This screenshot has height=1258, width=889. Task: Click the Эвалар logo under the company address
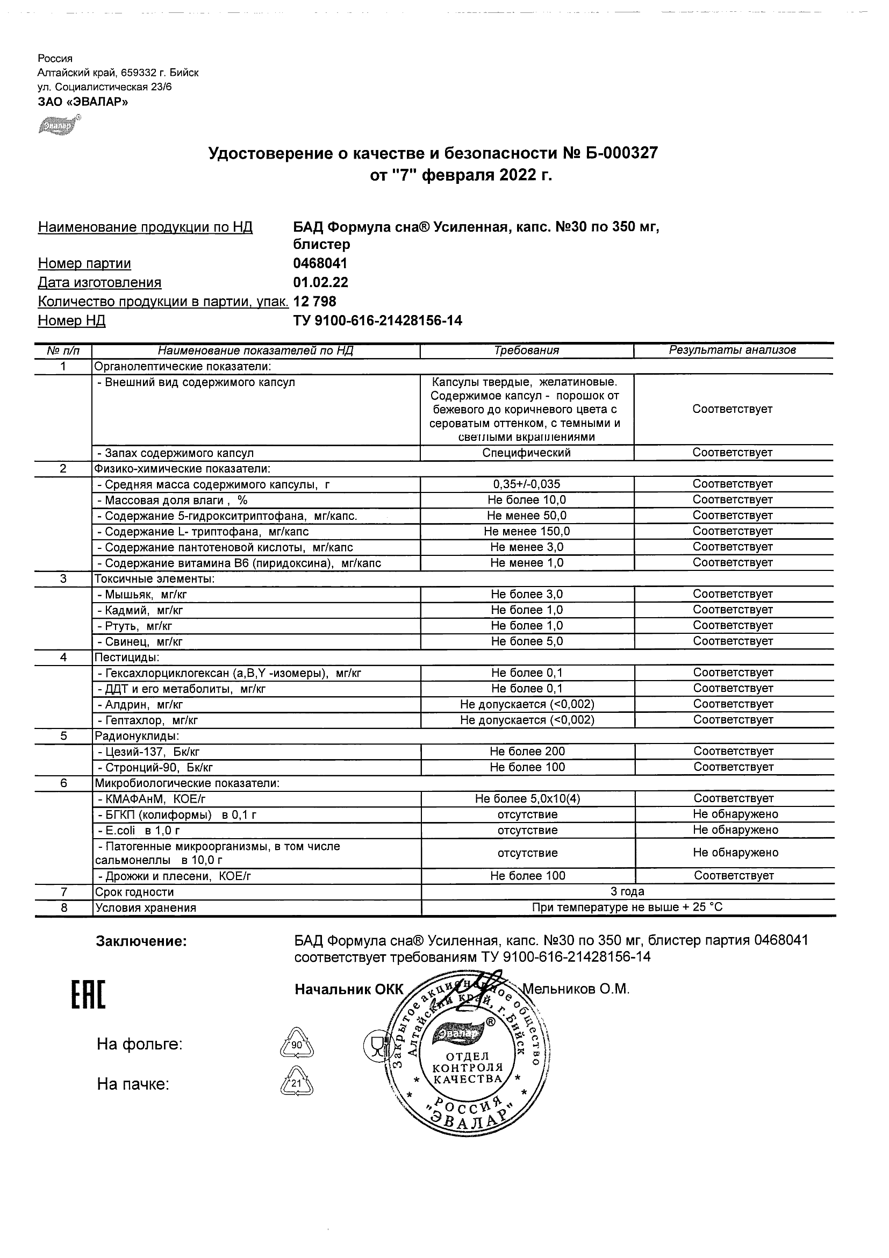pos(58,125)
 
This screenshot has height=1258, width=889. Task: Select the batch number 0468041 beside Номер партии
pos(320,264)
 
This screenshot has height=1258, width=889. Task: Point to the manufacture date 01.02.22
pos(321,283)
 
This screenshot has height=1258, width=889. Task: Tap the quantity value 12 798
pos(315,302)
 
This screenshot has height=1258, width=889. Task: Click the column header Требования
pos(526,351)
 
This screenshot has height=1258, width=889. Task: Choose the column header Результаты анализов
pos(733,351)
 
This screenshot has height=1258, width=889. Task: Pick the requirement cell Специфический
pos(526,453)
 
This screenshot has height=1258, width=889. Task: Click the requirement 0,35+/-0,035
pos(526,484)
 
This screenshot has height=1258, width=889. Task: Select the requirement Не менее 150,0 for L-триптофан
pos(526,532)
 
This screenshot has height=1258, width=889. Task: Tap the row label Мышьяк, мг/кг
pos(142,595)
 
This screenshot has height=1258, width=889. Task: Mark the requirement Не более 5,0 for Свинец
pos(526,641)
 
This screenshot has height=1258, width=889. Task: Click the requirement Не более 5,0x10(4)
pos(527,799)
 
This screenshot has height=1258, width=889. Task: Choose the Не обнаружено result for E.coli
pos(735,830)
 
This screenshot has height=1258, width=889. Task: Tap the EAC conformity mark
pos(88,995)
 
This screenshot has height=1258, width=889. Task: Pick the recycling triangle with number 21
pos(297,1083)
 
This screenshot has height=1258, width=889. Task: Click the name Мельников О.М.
pos(576,990)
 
